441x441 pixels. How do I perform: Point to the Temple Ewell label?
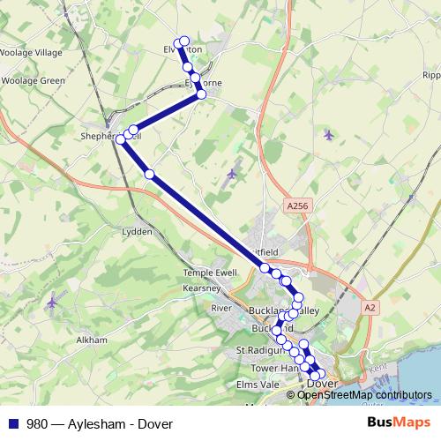211,273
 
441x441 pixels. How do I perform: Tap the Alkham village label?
92,340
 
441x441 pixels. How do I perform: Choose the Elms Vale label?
256,385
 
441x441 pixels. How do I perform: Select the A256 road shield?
298,205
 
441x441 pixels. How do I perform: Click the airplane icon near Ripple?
328,135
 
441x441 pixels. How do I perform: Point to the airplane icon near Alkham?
51,303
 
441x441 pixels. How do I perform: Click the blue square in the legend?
12,423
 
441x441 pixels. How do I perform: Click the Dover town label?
326,385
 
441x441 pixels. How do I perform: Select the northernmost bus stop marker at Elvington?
184,41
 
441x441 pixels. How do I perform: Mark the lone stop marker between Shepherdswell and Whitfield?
150,174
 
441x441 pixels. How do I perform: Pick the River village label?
220,308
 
